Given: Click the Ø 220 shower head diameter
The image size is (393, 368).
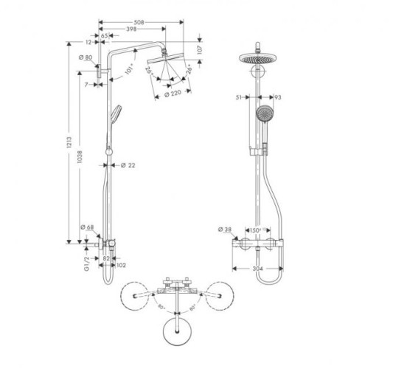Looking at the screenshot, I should point(172,94).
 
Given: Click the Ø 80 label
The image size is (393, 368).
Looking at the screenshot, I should point(83,57).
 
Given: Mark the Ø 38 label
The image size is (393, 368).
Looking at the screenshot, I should point(228,230).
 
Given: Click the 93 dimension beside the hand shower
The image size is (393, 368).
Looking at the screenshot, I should point(279,96).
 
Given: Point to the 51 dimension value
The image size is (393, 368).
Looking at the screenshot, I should point(238,96).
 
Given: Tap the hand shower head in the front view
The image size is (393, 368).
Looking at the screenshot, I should point(263,114).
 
